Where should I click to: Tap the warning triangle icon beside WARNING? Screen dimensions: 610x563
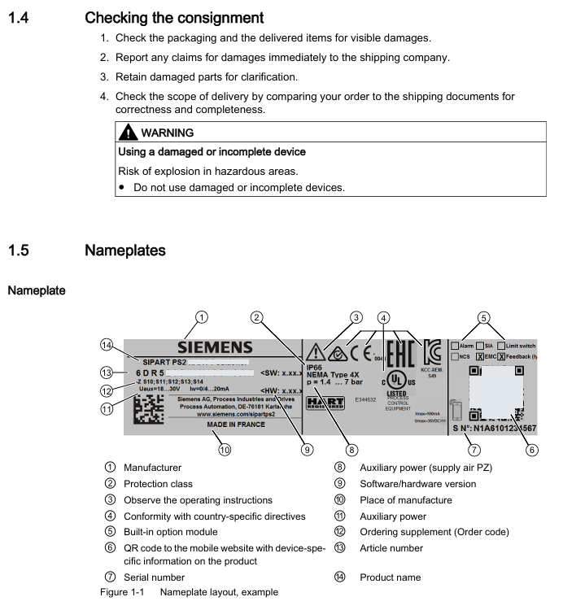coord(128,133)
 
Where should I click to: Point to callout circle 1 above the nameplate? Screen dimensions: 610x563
coord(202,317)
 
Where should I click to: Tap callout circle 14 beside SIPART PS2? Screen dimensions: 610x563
coord(106,344)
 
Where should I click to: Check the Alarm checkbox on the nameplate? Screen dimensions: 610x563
coord(455,346)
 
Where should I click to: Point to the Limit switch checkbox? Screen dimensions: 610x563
coord(501,346)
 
